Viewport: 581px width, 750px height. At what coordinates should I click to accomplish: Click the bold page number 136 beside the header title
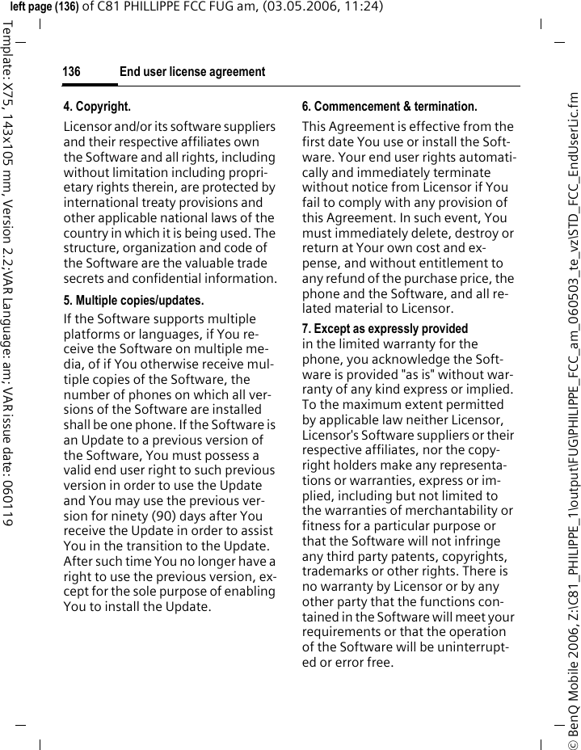click(72, 73)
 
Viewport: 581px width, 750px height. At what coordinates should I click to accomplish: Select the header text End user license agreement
click(192, 73)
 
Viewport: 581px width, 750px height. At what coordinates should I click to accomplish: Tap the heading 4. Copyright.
click(97, 107)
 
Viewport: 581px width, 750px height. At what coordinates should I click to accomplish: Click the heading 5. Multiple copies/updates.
click(133, 301)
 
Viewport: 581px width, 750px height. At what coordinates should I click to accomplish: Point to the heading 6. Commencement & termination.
click(389, 107)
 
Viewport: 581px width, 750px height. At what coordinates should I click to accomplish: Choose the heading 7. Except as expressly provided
click(385, 329)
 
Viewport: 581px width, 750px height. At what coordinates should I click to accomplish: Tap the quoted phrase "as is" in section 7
click(404, 374)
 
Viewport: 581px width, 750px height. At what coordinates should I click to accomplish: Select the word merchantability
click(458, 511)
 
